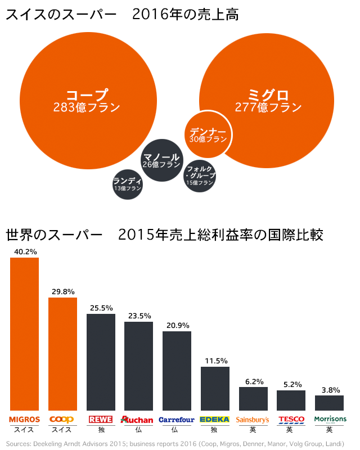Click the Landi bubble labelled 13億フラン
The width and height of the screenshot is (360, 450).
[127, 184]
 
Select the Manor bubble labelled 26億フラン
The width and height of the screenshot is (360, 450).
[161, 160]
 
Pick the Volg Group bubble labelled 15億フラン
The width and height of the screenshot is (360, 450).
[200, 175]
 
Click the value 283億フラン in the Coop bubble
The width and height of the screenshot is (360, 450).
[87, 107]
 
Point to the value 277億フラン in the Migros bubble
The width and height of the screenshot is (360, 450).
[268, 107]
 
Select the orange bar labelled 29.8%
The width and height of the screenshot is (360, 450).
[62, 354]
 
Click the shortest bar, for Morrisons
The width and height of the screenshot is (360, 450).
[329, 403]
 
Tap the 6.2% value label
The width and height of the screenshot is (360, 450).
[253, 381]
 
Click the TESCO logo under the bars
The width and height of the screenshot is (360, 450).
[291, 420]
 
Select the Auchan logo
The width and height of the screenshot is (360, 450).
[137, 420]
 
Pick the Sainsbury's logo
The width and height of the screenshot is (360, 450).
[253, 420]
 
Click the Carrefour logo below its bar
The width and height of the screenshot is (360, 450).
[177, 420]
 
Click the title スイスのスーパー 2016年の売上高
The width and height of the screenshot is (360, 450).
[121, 15]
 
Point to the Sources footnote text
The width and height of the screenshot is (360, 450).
[175, 443]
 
